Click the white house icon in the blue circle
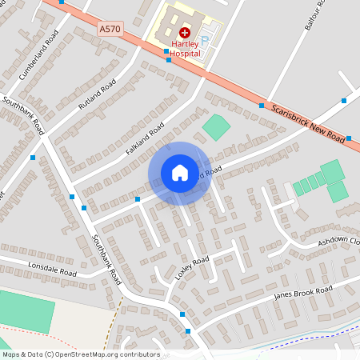tap(179, 172)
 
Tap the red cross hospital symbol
tap(184, 33)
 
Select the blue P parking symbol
tap(204, 40)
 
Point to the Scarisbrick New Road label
tap(306, 122)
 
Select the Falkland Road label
tap(145, 139)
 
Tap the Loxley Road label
tap(192, 266)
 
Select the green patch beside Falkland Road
tap(215, 126)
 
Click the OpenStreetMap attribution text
tap(81, 354)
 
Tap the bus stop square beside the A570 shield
tap(166, 52)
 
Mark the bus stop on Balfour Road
tap(346, 101)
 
